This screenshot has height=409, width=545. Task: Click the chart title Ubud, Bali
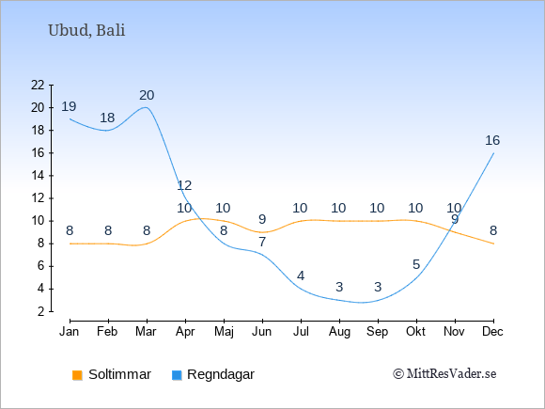[86, 30]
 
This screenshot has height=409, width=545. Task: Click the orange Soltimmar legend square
[77, 375]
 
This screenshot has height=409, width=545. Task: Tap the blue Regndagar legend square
[177, 375]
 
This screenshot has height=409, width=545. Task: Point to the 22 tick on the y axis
[38, 85]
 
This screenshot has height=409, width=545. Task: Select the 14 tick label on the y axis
[38, 176]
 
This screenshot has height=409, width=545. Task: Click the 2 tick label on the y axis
[41, 311]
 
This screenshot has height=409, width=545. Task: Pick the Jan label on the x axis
[70, 332]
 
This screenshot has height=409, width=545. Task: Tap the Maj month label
[224, 332]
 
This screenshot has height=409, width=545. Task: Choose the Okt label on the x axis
[415, 332]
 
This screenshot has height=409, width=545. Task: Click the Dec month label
[493, 332]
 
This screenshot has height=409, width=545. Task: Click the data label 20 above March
[147, 95]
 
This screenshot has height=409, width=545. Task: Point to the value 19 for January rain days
[69, 106]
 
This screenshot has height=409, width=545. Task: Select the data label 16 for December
[492, 140]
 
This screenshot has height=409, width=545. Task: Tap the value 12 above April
[184, 186]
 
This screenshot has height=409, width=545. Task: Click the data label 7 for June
[262, 242]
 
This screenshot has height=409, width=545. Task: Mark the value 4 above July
[301, 275]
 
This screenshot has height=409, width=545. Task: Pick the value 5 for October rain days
[416, 264]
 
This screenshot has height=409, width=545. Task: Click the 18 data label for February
[107, 118]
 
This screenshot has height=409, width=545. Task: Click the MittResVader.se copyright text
[444, 374]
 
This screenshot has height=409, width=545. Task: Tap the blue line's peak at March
[146, 107]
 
